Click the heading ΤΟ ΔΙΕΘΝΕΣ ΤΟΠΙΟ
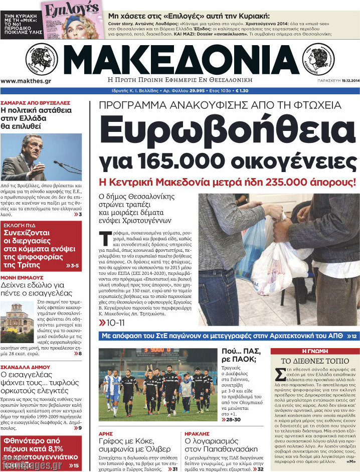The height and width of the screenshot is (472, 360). pyautogui.click(x=314, y=361)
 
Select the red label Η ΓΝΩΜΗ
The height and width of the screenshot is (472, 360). pyautogui.click(x=314, y=351)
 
